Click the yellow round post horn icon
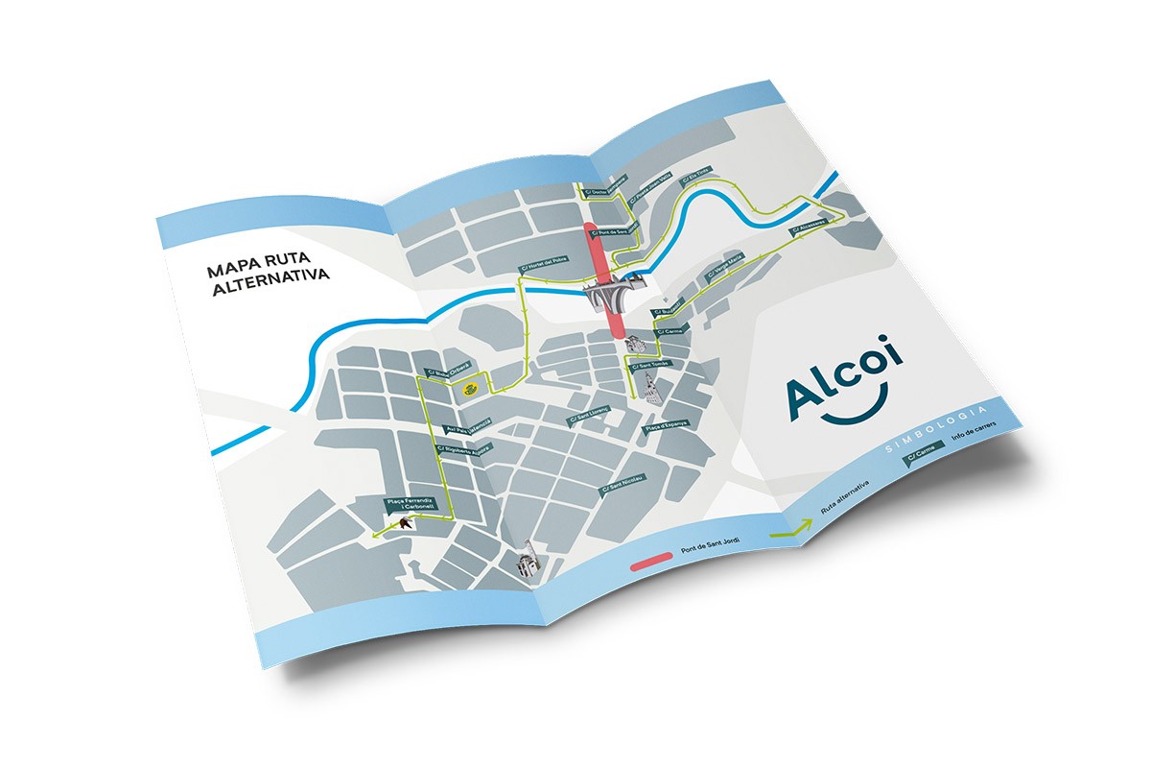(470, 388)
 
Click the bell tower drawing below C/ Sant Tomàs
(653, 391)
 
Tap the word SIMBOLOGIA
(936, 428)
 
